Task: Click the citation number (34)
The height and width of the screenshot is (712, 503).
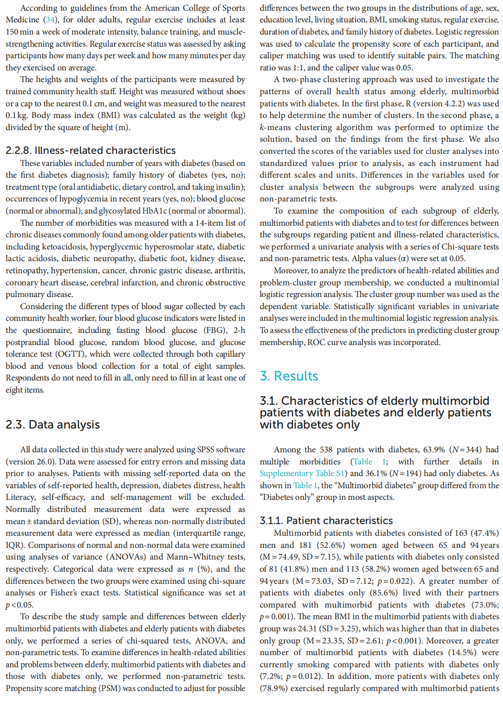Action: (x=50, y=20)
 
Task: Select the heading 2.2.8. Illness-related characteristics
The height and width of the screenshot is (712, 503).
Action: (x=90, y=150)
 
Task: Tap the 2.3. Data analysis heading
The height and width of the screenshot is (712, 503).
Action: (x=53, y=424)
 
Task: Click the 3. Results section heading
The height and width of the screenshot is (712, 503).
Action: (x=289, y=376)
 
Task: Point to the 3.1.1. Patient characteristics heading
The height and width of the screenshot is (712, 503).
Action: (x=326, y=520)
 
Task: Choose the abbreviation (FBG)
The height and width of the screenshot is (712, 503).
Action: (x=213, y=330)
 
